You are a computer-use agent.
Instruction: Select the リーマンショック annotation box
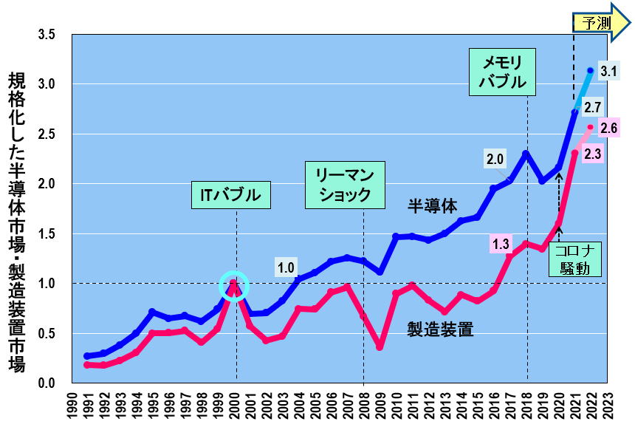tap(344, 186)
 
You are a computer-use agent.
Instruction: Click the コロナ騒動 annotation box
tap(575, 259)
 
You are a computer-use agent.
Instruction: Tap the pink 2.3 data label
tap(591, 153)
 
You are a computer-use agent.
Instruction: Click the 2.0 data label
tap(495, 158)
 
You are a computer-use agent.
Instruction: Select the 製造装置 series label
tap(440, 329)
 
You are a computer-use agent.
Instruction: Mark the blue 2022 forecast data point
tap(590, 71)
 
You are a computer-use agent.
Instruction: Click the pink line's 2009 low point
tap(380, 346)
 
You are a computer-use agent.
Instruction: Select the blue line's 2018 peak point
tap(526, 154)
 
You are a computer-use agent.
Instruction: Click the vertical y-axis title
tap(17, 222)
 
